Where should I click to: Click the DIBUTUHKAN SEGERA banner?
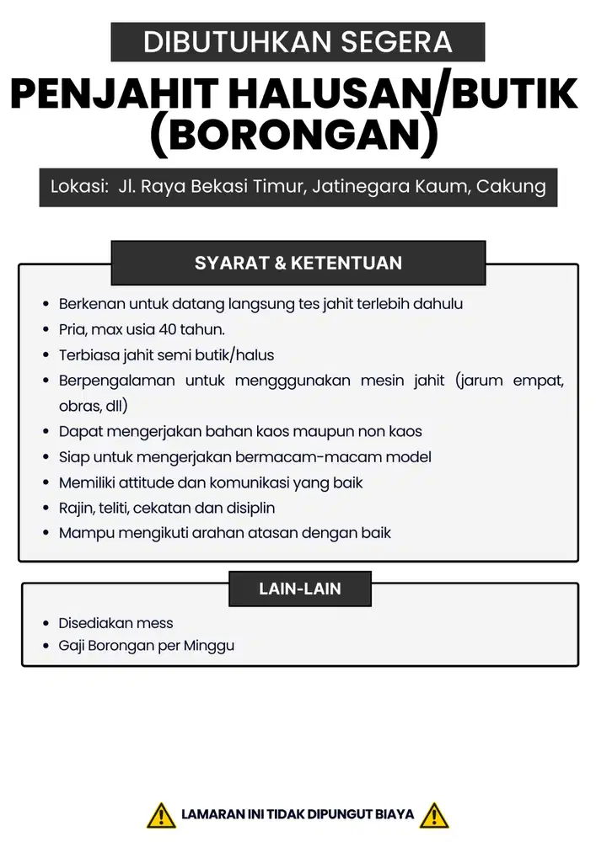tap(298, 41)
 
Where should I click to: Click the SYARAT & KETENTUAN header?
tap(298, 263)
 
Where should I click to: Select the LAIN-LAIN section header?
tap(299, 589)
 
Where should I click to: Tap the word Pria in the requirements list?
tap(72, 329)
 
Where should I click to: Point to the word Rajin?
tap(75, 508)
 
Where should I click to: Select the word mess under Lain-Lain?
tap(157, 623)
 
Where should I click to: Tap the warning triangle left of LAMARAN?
tap(161, 815)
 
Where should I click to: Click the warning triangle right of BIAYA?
tap(434, 815)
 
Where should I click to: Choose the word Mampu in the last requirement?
tap(82, 533)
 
